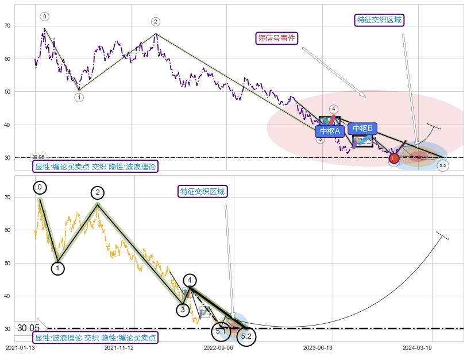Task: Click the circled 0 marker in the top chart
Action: (x=45, y=17)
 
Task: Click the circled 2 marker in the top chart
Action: (x=156, y=22)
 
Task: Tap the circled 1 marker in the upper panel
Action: (x=79, y=98)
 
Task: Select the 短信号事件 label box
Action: (x=277, y=38)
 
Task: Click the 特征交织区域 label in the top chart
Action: (x=379, y=20)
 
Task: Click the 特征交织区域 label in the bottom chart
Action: (x=202, y=191)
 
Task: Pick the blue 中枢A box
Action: (x=330, y=131)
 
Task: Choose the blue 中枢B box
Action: (x=362, y=128)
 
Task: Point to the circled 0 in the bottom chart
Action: (x=40, y=188)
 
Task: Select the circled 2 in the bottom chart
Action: (x=98, y=193)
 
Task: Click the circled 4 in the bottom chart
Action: (x=190, y=280)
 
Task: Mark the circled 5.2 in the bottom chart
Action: (x=246, y=336)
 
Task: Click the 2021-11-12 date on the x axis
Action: (x=119, y=348)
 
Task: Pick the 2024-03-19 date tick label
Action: (x=416, y=348)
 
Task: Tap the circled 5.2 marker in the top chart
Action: (x=442, y=166)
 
